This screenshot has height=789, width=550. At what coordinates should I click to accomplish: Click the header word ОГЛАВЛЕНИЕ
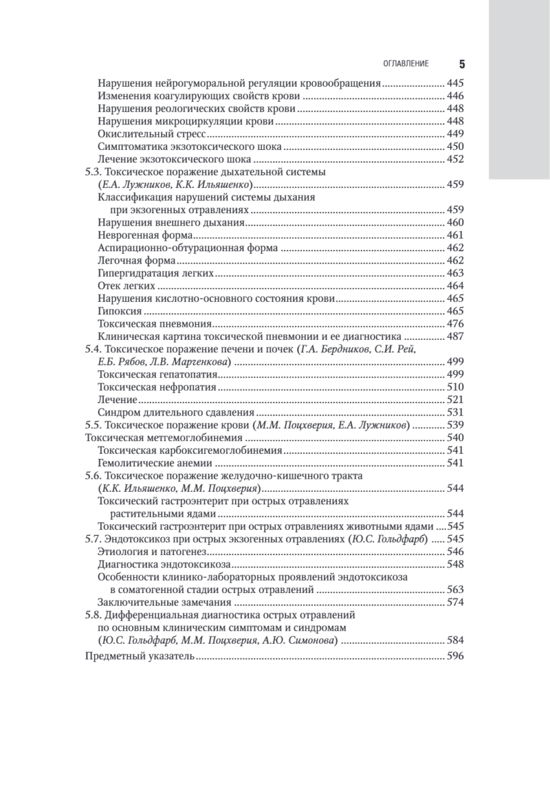pos(405,64)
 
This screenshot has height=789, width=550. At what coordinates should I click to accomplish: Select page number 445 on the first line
pos(455,84)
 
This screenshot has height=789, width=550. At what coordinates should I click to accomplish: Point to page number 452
pos(455,158)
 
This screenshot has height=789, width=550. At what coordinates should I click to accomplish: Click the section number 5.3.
pos(95,172)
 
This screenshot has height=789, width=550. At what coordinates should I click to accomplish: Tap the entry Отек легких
pos(126,285)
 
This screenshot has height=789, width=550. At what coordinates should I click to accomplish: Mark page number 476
pos(455,323)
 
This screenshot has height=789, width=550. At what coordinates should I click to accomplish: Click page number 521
pos(455,399)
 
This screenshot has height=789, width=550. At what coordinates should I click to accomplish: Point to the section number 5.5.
pos(95,425)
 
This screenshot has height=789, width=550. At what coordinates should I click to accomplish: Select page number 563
pos(455,589)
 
